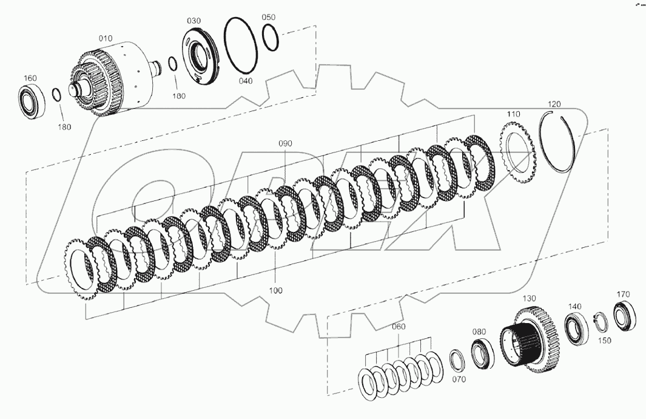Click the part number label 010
106,38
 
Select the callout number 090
285,144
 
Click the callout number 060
398,327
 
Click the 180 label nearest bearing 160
64,127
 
